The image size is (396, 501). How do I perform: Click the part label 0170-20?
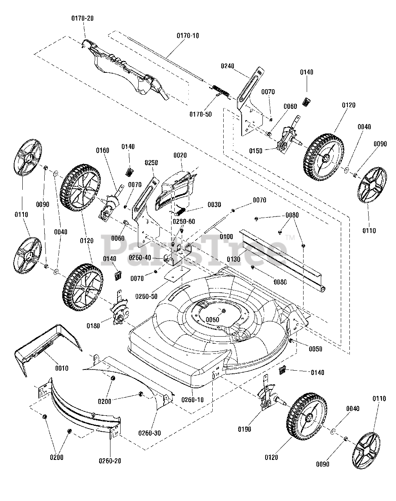pos(82,18)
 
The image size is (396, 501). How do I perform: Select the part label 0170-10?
pos(188,36)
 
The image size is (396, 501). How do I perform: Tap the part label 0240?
pos(227,66)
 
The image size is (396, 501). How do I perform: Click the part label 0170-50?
pos(200,114)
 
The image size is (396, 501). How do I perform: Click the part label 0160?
pos(102,150)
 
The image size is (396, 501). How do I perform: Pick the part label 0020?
pos(181,155)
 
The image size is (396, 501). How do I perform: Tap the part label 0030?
pos(214,204)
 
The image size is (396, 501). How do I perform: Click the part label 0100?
pos(226,236)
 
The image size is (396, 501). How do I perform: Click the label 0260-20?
pos(110,461)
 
